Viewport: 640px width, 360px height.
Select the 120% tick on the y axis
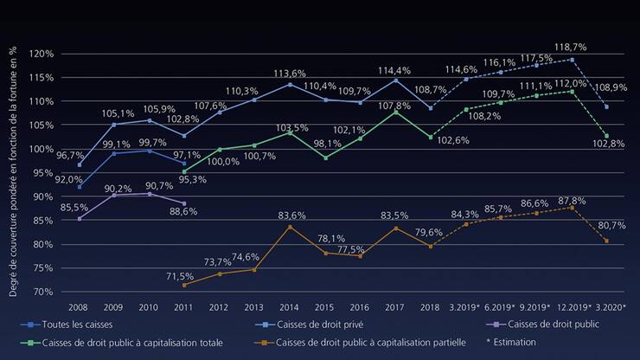[x=42, y=54]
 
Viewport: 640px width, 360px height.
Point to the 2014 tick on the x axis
[x=289, y=306]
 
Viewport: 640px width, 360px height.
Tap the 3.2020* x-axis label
[x=610, y=306]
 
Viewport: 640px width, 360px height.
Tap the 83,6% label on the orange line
[x=290, y=215]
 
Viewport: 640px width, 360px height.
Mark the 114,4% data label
[x=394, y=69]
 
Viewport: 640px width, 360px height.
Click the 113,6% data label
[x=290, y=73]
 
